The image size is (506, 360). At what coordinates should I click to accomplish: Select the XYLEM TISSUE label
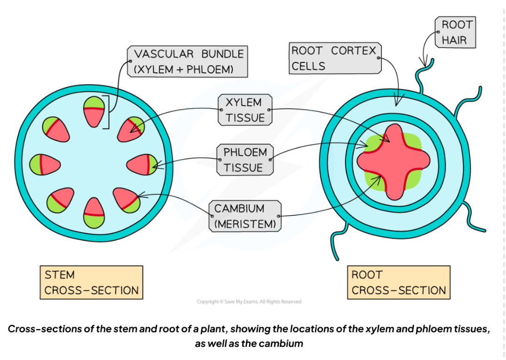tap(245, 110)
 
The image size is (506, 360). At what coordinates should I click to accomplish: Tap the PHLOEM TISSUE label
tap(245, 160)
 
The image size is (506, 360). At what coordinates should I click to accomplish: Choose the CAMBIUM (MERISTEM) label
tap(245, 216)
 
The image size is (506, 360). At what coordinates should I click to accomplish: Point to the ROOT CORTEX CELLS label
tap(334, 58)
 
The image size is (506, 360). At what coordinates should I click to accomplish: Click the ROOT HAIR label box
tap(457, 32)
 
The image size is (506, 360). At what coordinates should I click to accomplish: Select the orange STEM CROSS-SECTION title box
tap(91, 282)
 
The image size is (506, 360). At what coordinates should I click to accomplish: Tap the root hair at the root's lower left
tap(342, 235)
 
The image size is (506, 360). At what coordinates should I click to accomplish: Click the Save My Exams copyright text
tap(249, 302)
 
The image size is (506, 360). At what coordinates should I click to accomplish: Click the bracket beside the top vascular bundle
tap(108, 112)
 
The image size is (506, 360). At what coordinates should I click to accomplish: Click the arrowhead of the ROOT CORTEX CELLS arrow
tap(397, 104)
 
